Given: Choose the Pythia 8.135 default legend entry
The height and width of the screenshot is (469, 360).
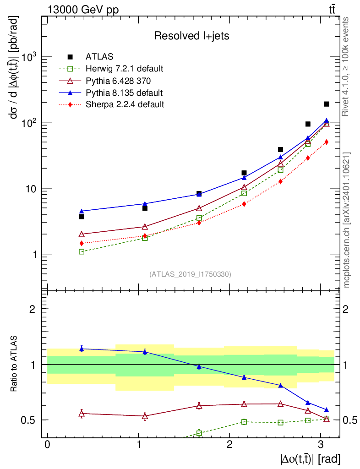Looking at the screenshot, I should click(x=124, y=93).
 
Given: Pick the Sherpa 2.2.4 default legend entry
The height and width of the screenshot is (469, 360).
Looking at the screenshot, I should click(x=125, y=104).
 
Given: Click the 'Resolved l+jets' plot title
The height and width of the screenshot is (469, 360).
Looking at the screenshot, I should click(x=191, y=36).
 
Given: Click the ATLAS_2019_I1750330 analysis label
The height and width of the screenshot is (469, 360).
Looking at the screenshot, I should click(x=190, y=274).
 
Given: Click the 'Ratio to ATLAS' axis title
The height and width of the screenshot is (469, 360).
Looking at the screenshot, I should click(x=14, y=365).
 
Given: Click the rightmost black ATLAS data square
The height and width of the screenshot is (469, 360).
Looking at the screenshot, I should click(x=327, y=104).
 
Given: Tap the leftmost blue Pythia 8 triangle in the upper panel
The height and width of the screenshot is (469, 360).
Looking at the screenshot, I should click(x=82, y=211).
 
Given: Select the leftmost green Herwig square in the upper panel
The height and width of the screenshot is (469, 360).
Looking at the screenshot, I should click(x=82, y=251).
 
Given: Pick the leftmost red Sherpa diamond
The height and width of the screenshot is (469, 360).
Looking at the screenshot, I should click(x=82, y=243).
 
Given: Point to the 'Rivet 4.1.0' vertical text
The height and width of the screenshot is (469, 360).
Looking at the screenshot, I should click(x=347, y=67).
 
